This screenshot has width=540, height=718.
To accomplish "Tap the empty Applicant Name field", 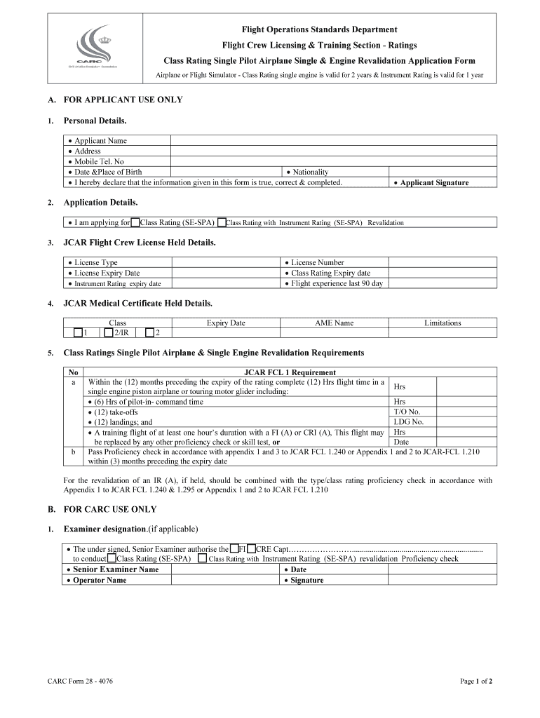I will (334, 140).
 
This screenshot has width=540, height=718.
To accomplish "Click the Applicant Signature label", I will (434, 183).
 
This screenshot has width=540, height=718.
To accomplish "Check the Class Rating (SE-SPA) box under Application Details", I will (135, 223).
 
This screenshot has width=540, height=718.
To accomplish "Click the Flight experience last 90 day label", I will (337, 283).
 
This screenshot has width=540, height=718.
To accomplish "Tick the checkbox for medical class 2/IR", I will (108, 333).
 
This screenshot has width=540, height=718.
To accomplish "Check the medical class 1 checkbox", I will (78, 333).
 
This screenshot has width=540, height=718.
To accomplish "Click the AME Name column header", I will (334, 323).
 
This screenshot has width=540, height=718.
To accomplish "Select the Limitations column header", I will (443, 323).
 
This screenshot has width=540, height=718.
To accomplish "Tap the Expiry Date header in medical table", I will (226, 323).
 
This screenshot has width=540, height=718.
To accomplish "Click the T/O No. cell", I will (407, 412).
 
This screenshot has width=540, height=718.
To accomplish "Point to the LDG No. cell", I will (409, 422).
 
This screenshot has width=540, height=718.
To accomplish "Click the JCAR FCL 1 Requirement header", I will (290, 372).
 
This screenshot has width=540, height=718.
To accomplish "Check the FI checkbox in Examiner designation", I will (234, 549).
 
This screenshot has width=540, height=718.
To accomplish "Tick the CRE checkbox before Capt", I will (251, 549).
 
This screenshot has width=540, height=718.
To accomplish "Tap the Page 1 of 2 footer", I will (476, 681).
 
